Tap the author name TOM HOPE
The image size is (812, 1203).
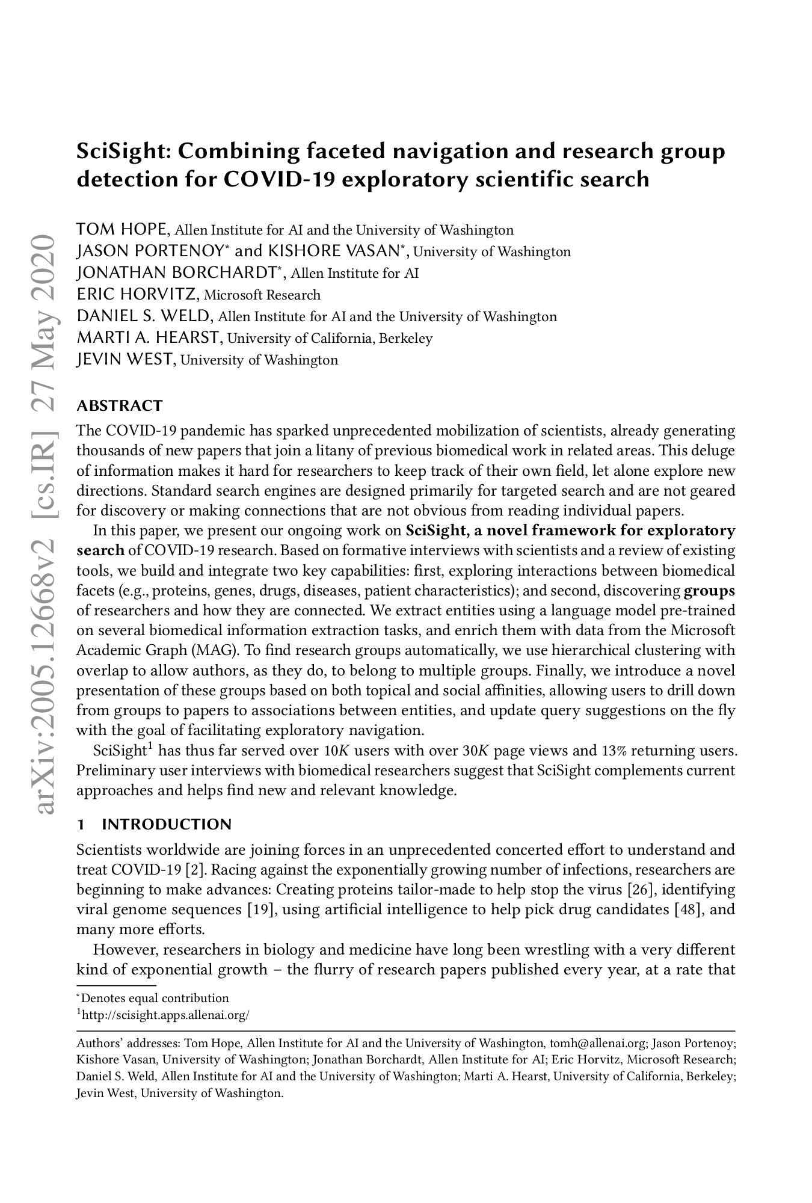coord(123,229)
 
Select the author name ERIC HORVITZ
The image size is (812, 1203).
coord(137,294)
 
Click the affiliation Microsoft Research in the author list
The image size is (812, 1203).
coord(262,295)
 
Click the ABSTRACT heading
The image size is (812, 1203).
coord(120,405)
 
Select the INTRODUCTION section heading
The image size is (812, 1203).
coord(166,824)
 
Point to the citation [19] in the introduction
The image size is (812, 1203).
coord(262,909)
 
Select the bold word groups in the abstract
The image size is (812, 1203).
coord(709,591)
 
